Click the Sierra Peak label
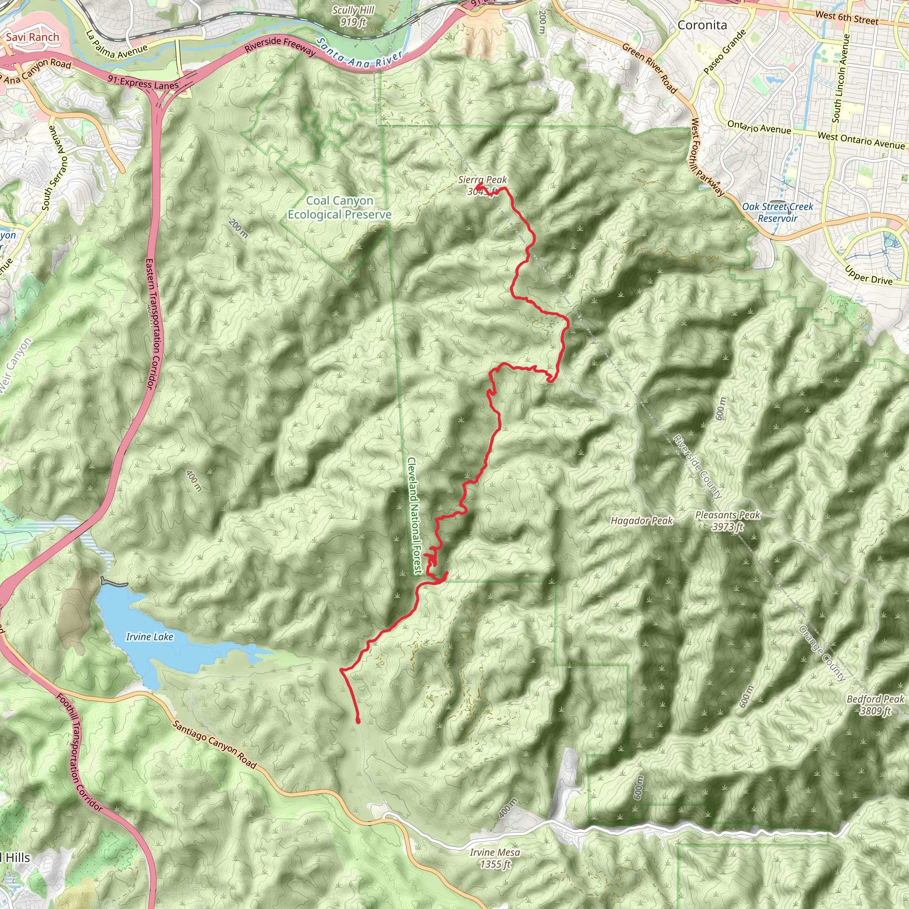click(x=482, y=180)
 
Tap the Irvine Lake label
click(x=150, y=637)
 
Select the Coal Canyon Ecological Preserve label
click(x=339, y=207)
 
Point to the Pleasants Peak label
click(x=727, y=515)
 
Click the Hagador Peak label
click(x=641, y=520)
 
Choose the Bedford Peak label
click(x=875, y=699)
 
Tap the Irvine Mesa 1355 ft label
click(x=495, y=858)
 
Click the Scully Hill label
click(x=353, y=11)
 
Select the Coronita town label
click(x=702, y=25)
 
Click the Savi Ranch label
click(x=32, y=37)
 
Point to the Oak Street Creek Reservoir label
click(x=777, y=212)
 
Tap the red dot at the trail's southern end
click(x=358, y=721)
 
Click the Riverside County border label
click(x=697, y=466)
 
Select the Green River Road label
click(x=649, y=68)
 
